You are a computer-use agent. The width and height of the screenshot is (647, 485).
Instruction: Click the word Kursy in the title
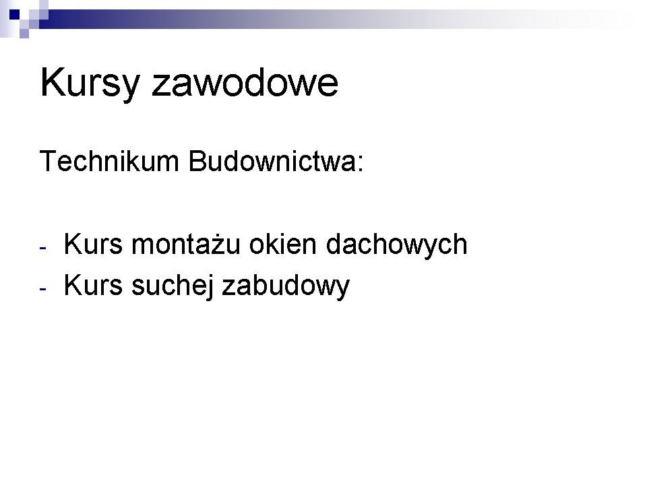90,84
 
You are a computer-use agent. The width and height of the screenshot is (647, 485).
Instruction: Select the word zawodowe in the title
245,82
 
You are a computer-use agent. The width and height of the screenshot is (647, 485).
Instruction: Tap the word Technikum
109,161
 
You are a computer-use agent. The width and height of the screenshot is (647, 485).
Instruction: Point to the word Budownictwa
272,161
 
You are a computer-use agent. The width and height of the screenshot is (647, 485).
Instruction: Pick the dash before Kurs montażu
43,249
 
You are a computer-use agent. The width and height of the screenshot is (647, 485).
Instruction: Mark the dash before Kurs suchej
43,289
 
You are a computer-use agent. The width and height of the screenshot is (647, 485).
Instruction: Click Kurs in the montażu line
93,244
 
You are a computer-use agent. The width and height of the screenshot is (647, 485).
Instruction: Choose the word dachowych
396,245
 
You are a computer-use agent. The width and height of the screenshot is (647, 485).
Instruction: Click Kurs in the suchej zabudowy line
93,285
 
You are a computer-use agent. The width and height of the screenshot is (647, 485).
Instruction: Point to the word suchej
173,286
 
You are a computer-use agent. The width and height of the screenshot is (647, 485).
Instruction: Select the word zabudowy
286,286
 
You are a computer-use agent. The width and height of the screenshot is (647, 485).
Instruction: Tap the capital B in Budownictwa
197,161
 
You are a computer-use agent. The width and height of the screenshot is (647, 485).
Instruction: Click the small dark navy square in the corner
15,15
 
